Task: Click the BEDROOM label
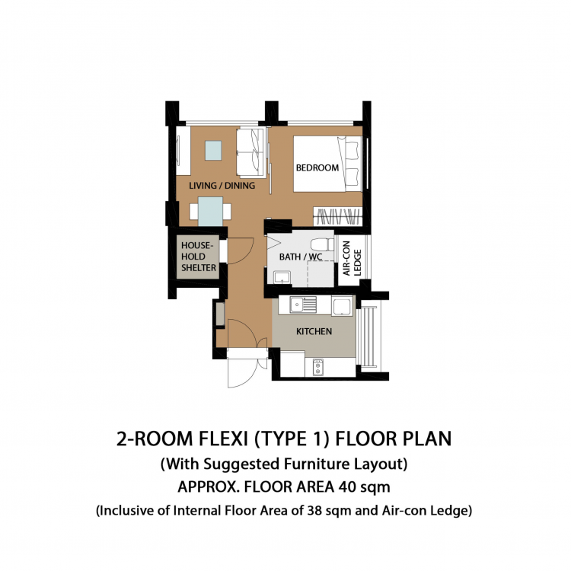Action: pos(317,167)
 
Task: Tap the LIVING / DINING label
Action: pos(222,185)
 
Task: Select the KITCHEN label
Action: pos(314,331)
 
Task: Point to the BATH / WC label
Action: pos(301,257)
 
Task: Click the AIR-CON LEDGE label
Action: pos(352,258)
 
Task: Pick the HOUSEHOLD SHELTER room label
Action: pos(199,257)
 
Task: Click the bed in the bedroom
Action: pos(327,164)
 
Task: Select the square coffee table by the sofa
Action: pos(213,151)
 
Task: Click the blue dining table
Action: pos(210,212)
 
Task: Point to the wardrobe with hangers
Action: pos(337,216)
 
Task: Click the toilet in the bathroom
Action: pos(322,244)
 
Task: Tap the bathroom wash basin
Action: pos(282,277)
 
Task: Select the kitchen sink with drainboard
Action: pos(303,305)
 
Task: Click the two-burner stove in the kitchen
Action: pos(318,367)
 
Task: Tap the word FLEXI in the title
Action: pos(223,439)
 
